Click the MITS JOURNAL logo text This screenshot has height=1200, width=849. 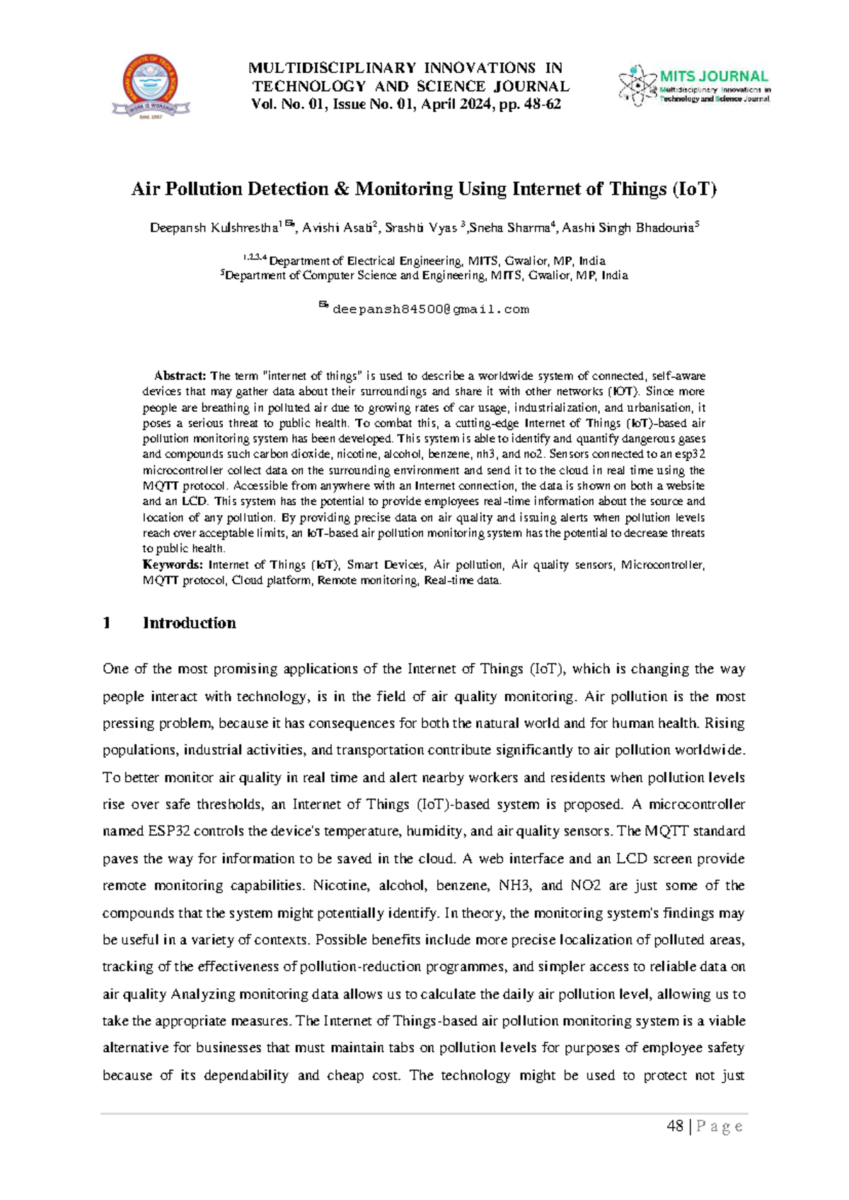(713, 76)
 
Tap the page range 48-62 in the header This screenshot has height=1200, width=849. (541, 105)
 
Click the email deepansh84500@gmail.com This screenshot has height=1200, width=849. (430, 310)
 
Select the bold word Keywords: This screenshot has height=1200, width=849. (173, 565)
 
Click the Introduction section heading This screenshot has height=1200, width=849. (189, 623)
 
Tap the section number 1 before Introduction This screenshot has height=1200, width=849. (107, 623)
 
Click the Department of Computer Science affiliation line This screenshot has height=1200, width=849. (424, 276)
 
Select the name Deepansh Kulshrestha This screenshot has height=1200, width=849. (213, 228)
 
